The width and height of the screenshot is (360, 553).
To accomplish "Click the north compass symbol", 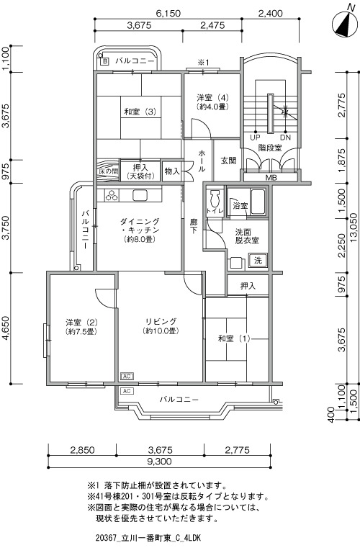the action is tap(345, 24).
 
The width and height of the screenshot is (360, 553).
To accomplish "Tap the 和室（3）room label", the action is tap(140, 112).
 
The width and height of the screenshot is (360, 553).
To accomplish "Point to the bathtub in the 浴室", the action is tap(257, 202).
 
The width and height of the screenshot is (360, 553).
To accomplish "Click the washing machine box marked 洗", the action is tap(258, 261).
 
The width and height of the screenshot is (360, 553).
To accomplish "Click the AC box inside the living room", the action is tap(127, 377).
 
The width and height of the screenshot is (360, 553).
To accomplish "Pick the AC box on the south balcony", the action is tap(127, 391).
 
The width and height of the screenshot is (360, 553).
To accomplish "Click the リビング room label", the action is tap(161, 321).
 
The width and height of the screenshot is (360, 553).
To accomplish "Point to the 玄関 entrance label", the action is tap(228, 161).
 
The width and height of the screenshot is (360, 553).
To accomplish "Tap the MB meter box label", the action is tap(271, 177).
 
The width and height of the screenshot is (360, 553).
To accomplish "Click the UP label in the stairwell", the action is tap(255, 138).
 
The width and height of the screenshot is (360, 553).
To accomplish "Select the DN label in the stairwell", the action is tap(285, 138).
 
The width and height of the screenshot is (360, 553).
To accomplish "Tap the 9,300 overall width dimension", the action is tap(159, 461).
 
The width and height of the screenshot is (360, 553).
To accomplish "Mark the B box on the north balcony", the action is tap(104, 62).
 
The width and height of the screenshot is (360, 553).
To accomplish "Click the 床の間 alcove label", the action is tap(108, 171).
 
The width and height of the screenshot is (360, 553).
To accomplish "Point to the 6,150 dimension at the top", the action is tap(168, 14).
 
